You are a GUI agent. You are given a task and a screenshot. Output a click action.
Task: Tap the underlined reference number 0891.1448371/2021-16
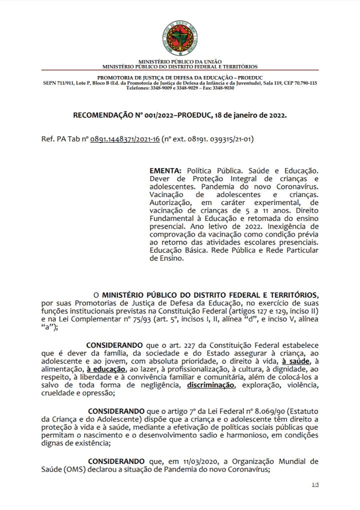click(124, 138)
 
